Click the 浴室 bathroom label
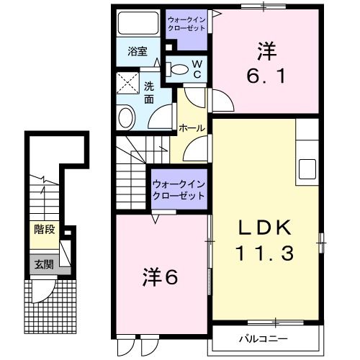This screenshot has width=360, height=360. (x=138, y=51)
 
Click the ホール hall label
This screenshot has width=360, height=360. (x=192, y=128)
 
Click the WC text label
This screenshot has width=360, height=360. (x=195, y=68)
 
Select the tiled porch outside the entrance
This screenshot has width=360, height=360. (x=50, y=303)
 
